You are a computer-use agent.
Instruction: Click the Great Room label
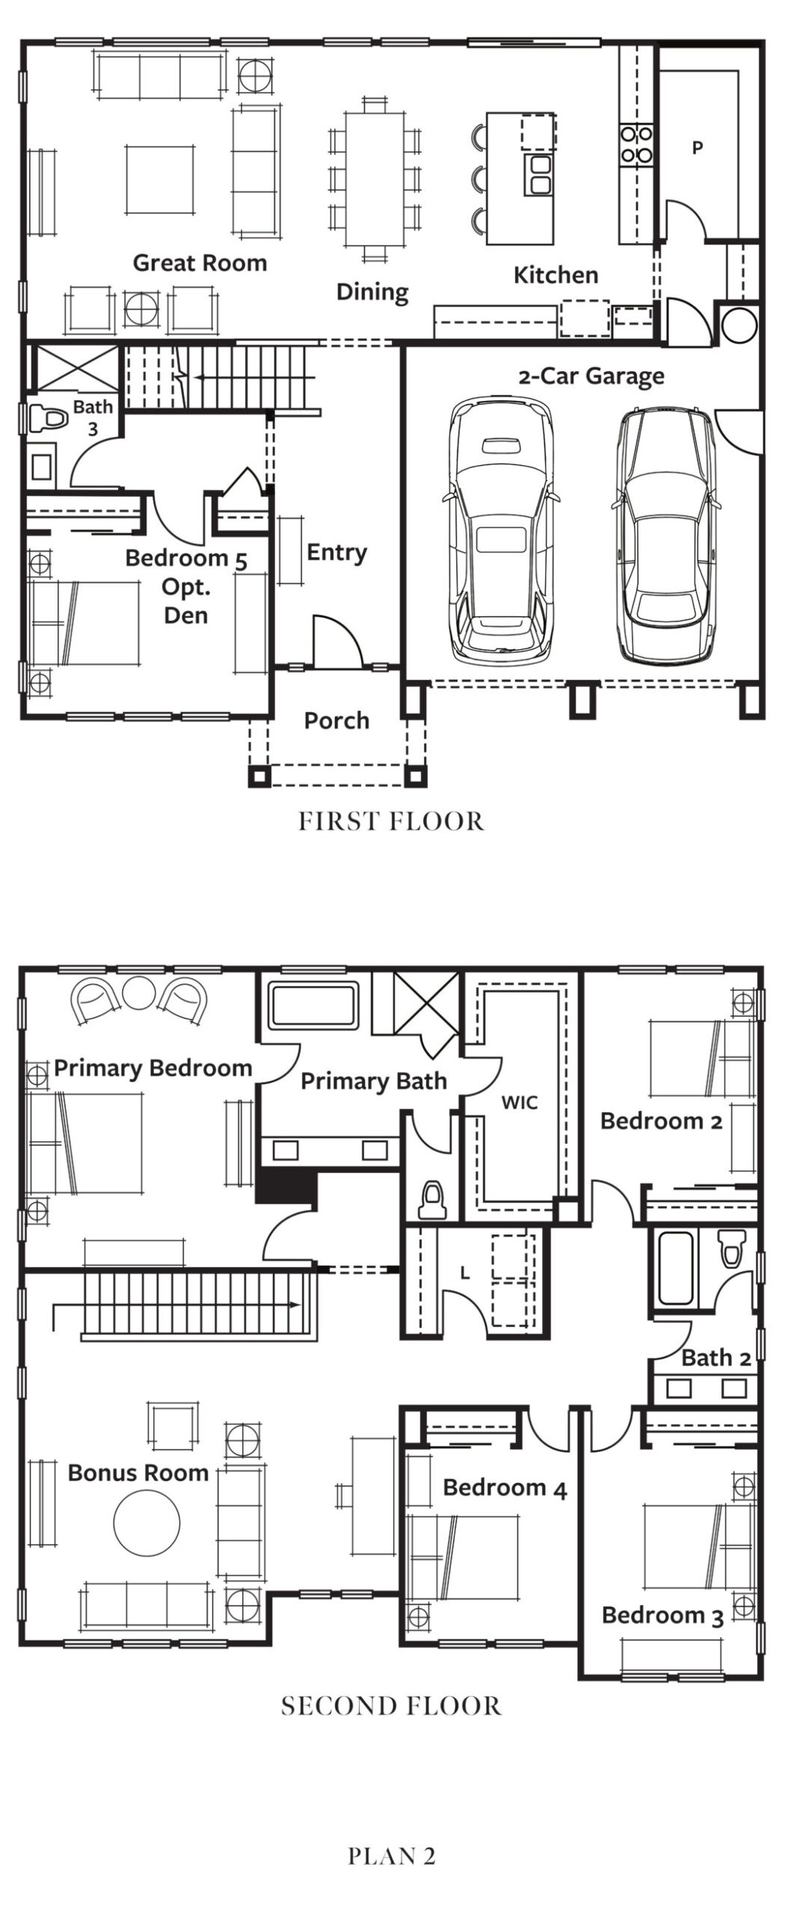point(200,263)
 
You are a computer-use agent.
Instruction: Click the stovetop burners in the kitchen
point(635,145)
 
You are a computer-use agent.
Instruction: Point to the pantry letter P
point(698,148)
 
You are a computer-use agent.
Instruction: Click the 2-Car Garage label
point(591,376)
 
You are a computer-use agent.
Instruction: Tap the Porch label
point(336,720)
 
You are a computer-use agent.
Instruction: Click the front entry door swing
point(336,641)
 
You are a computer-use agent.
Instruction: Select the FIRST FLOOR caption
point(392,821)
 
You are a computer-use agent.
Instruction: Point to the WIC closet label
point(519,1102)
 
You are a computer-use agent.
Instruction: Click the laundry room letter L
point(465,1273)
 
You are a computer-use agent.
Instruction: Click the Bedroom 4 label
point(505,1488)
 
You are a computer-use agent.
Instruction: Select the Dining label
point(372,292)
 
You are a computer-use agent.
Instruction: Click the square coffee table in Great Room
point(160,180)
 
